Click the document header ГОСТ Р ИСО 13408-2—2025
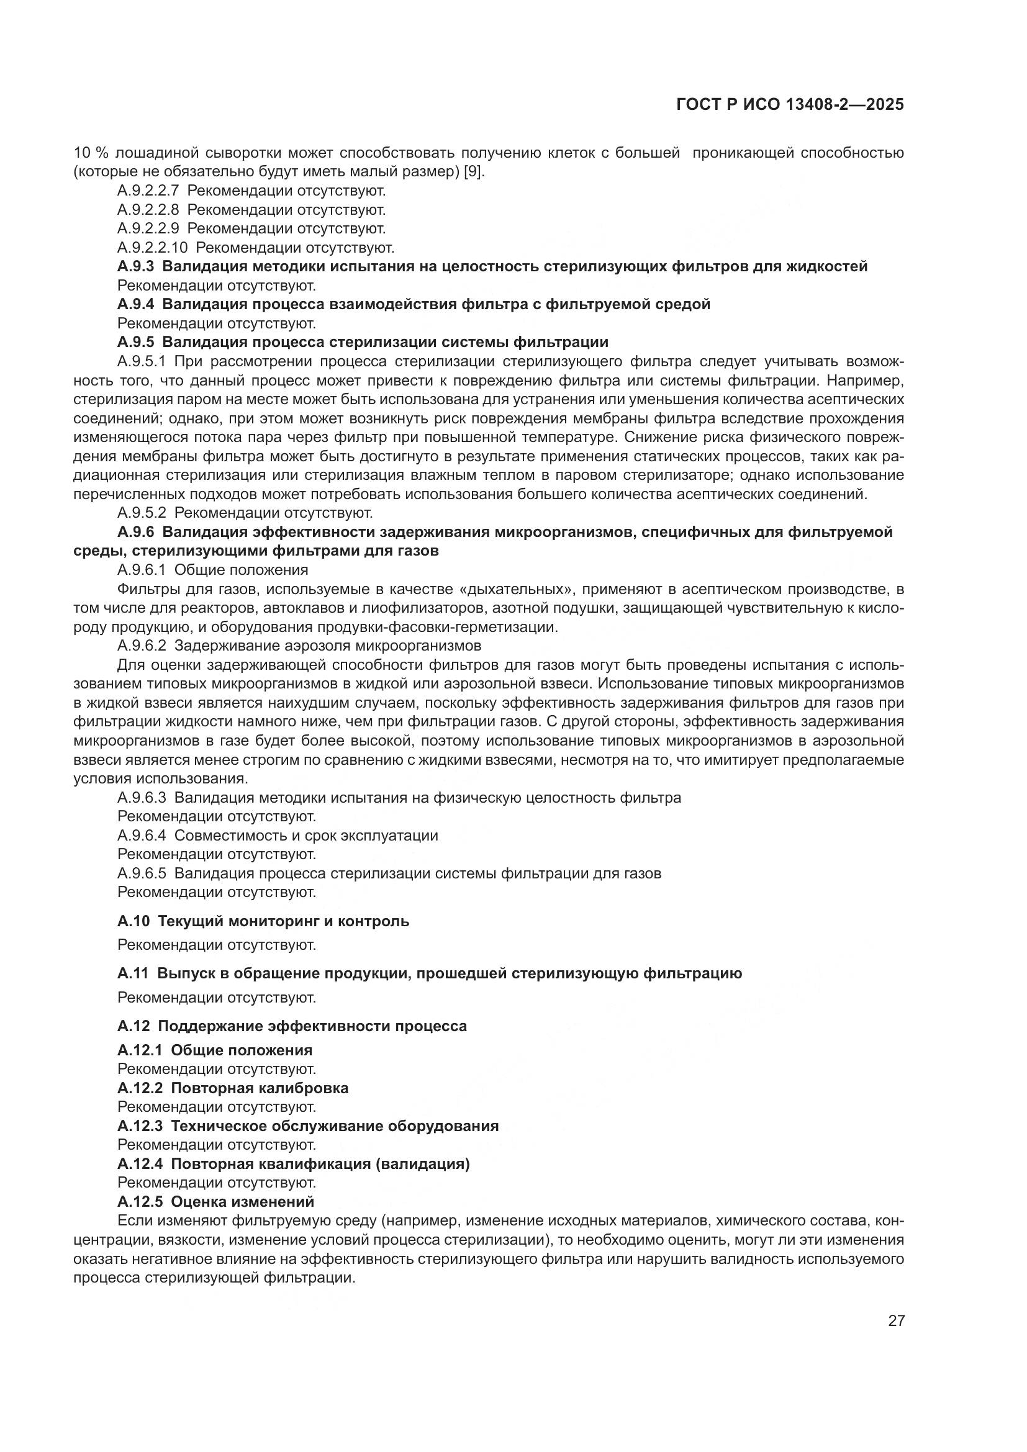coord(790,104)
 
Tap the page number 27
coord(896,1320)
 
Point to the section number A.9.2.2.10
coord(152,247)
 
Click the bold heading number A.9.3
coord(136,266)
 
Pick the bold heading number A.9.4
coord(136,304)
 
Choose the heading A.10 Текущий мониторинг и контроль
coord(263,921)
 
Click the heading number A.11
coord(133,973)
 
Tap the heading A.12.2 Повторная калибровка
coord(233,1088)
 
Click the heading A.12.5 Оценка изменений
coord(215,1201)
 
